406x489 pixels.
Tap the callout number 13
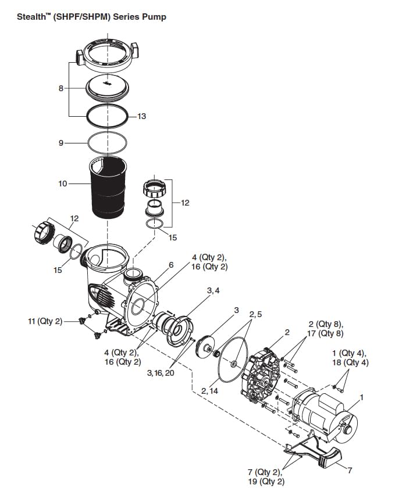(141, 116)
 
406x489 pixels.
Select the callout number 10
(63, 184)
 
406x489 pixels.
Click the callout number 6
(171, 265)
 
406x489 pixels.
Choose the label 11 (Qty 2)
(44, 321)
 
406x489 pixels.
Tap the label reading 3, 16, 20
(161, 372)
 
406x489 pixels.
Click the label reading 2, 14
(209, 391)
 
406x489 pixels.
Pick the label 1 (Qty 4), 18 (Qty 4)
(349, 358)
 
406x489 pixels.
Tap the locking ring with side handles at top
(107, 56)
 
